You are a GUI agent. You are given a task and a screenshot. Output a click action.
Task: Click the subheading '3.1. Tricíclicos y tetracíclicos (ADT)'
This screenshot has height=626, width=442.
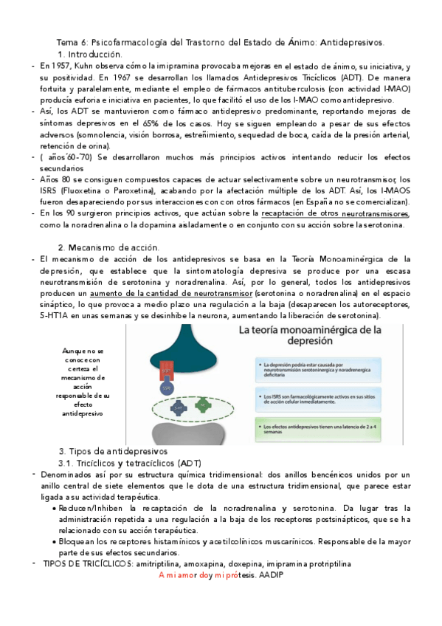(x=141, y=462)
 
